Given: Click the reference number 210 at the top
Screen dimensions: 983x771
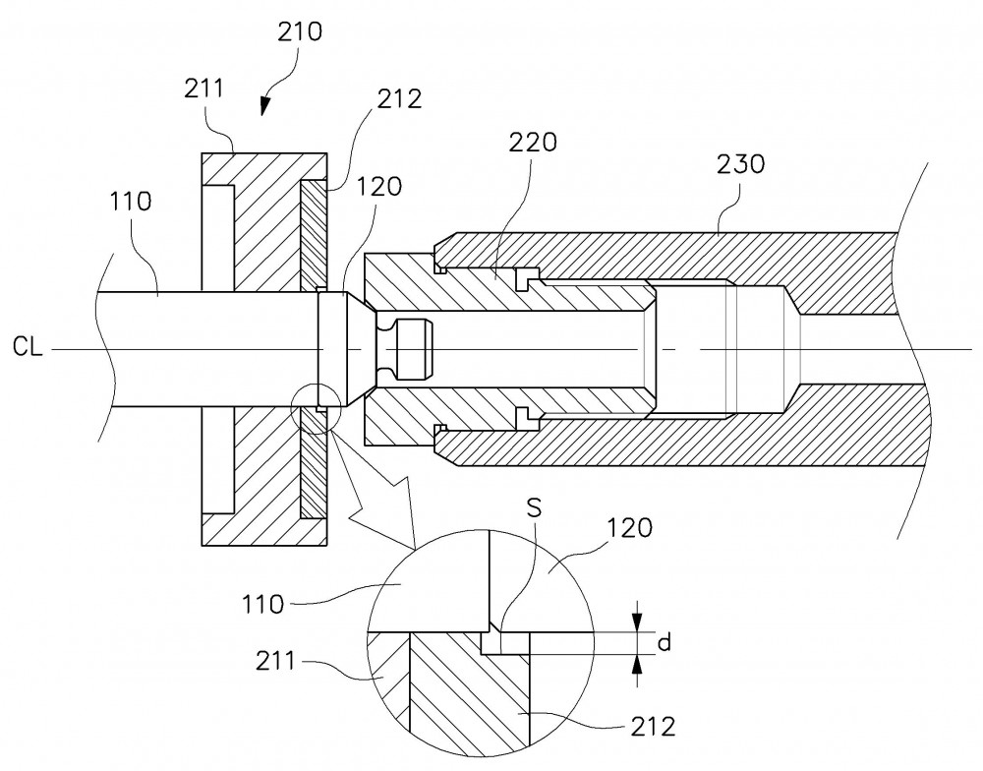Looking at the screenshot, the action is [300, 31].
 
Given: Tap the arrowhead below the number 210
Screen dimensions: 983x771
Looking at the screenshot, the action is [265, 104].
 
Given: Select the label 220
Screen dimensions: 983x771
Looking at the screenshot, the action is [532, 143].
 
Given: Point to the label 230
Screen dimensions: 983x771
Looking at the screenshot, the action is [741, 164].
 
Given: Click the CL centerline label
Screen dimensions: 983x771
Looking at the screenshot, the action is [28, 347].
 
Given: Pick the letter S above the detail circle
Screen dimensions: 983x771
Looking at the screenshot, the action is [534, 507].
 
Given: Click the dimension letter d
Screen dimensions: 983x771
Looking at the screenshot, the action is [665, 642].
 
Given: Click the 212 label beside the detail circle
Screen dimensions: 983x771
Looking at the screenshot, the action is [653, 727].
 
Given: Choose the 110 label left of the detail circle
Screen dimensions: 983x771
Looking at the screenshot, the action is [263, 605].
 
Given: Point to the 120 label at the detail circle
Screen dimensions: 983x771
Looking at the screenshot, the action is [629, 528].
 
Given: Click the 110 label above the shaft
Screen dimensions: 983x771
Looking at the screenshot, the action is [131, 202].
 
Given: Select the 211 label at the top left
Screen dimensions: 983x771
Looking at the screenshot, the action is [203, 89].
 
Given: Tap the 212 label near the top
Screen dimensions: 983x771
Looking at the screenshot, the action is [399, 99].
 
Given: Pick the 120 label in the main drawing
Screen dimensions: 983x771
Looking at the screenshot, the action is [378, 186].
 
